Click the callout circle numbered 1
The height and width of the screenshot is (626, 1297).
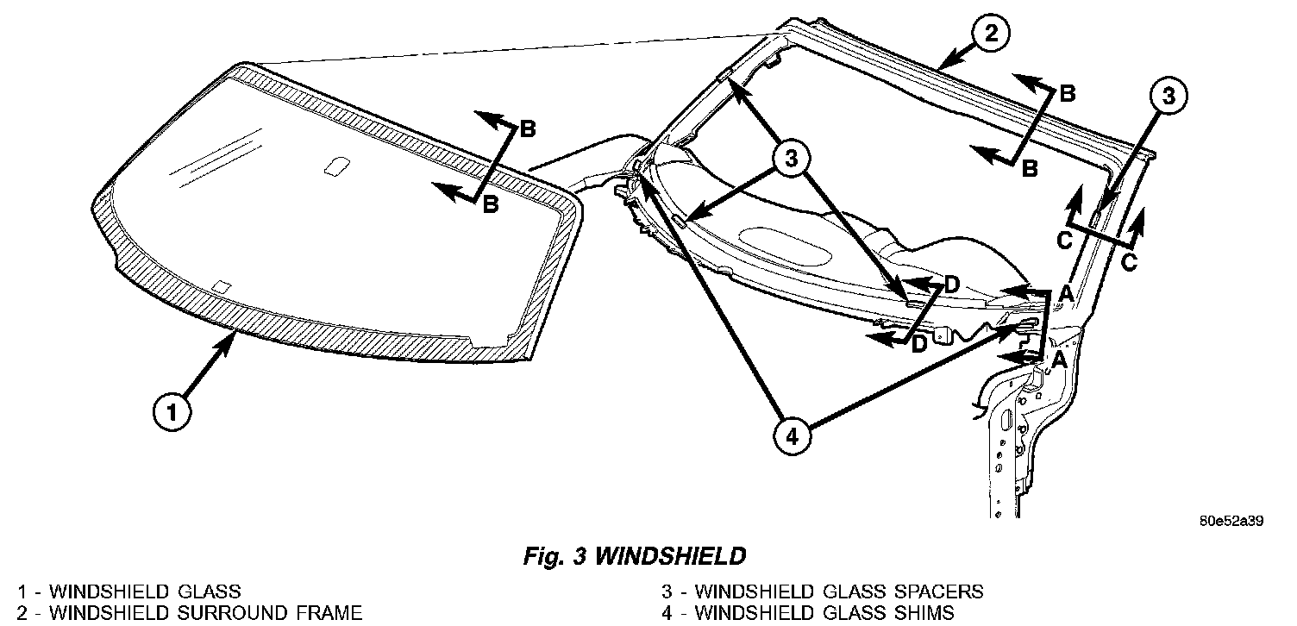[x=172, y=413]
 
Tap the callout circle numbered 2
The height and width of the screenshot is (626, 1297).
[x=990, y=34]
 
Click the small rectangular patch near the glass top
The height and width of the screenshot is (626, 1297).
[x=335, y=166]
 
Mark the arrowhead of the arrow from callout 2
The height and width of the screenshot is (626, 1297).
[x=942, y=65]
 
